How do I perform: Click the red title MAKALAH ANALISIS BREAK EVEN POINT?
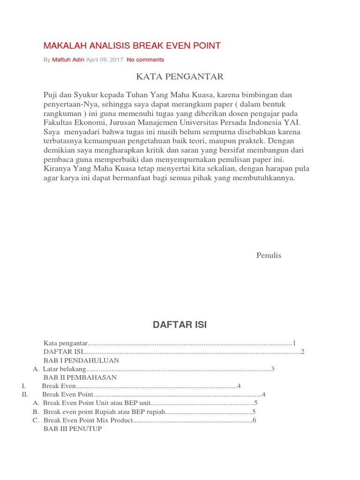[132, 45]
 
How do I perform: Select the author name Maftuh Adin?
[68, 60]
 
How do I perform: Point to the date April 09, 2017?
[105, 60]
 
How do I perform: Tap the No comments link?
[145, 60]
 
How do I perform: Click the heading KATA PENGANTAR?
[180, 76]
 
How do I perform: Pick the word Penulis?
[269, 255]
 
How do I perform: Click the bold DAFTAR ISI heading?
[180, 325]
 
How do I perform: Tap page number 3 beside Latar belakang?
[272, 369]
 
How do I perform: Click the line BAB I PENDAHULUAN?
[81, 360]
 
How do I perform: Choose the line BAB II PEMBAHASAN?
[80, 377]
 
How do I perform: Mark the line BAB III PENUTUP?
[73, 429]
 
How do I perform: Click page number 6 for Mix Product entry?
[255, 420]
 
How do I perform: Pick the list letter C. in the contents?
[36, 420]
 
